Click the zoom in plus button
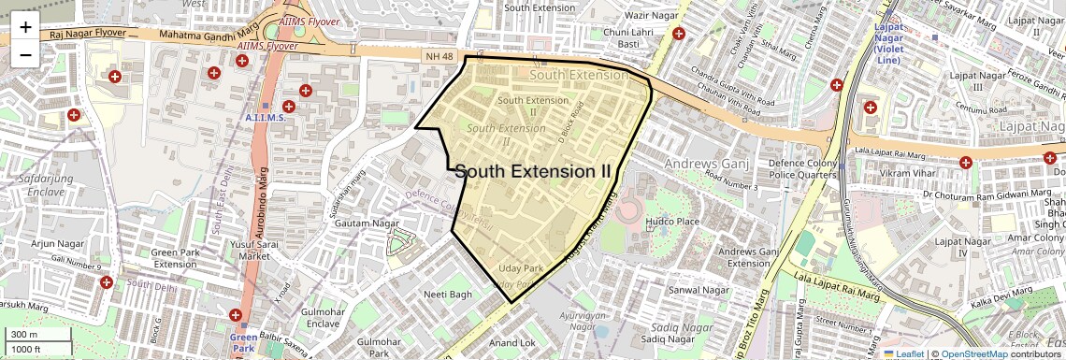pyautogui.click(x=25, y=26)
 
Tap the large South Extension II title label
pyautogui.click(x=533, y=171)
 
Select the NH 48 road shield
pyautogui.click(x=439, y=57)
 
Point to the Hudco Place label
pyautogui.click(x=672, y=222)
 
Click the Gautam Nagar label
pyautogui.click(x=367, y=224)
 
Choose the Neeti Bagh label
pyautogui.click(x=448, y=294)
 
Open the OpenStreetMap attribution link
pyautogui.click(x=973, y=353)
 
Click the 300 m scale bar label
pyautogui.click(x=25, y=335)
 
